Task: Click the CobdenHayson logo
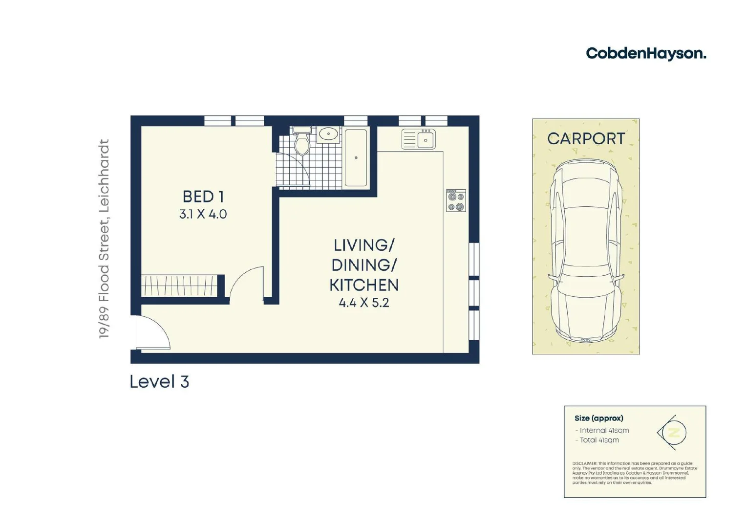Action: pos(645,53)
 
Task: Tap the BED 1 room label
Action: pos(203,197)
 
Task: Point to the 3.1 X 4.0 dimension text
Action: pos(203,214)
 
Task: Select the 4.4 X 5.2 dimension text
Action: pos(363,303)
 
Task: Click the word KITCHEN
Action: pos(363,285)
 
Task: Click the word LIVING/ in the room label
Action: pos(363,245)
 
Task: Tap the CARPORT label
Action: pos(586,139)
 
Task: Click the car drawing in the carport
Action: pos(586,249)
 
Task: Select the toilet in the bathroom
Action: pos(302,142)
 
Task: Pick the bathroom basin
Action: pos(328,133)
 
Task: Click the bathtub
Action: pos(356,157)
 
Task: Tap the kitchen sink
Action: pos(419,139)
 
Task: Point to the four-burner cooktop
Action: pos(456,200)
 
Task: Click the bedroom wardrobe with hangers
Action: pos(179,286)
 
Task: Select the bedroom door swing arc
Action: pos(247,283)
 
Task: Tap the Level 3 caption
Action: pos(159,382)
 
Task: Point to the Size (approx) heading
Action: pos(598,418)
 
